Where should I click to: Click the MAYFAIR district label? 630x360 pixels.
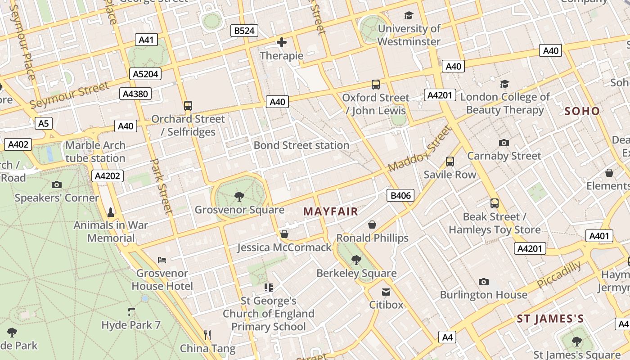coord(330,211)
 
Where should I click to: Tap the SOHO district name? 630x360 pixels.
coord(582,111)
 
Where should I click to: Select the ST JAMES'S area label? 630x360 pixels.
coord(550,319)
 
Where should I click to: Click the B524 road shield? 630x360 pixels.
coord(245,31)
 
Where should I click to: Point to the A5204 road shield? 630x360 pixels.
coord(145,74)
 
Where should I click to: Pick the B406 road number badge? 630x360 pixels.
coord(400,195)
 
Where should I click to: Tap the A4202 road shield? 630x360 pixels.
coord(107,176)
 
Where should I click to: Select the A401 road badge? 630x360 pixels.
coord(599,236)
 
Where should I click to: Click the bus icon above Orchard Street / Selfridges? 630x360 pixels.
coord(188,106)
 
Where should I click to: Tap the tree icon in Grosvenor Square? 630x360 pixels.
coord(239,196)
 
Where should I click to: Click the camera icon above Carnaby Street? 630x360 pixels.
coord(504,143)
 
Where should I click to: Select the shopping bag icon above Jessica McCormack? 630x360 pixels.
coord(284,234)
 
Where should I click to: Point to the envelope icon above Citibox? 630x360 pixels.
coord(386,292)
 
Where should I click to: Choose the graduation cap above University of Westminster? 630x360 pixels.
coord(409,16)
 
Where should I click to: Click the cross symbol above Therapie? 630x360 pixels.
coord(282,43)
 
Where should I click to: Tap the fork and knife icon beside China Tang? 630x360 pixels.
coord(207,335)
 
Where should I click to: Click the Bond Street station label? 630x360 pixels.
coord(301,145)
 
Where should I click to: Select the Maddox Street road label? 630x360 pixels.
coord(419,149)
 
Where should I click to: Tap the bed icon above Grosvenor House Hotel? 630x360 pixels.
coord(162,260)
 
